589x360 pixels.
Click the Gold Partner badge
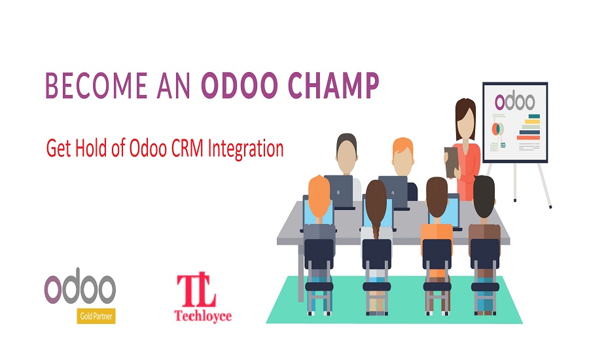coord(97,317)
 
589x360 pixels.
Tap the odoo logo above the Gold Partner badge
coord(80,289)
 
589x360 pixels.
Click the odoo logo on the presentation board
coord(514,101)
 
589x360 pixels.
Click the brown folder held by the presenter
coord(452,158)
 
